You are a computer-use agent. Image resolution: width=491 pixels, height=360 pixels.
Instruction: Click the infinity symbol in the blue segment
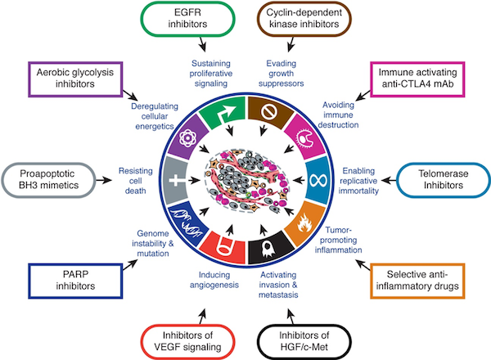[318, 180]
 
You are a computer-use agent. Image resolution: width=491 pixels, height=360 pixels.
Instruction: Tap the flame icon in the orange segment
[304, 223]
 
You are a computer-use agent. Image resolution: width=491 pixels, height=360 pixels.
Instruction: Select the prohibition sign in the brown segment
[269, 111]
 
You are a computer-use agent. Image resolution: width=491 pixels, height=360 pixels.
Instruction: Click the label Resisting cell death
[136, 181]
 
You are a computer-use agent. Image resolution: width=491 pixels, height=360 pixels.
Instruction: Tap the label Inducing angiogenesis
[214, 280]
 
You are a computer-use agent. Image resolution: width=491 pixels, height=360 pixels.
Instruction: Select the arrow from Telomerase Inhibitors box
[389, 180]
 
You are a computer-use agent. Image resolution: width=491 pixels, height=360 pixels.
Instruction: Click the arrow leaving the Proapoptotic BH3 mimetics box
[104, 180]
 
